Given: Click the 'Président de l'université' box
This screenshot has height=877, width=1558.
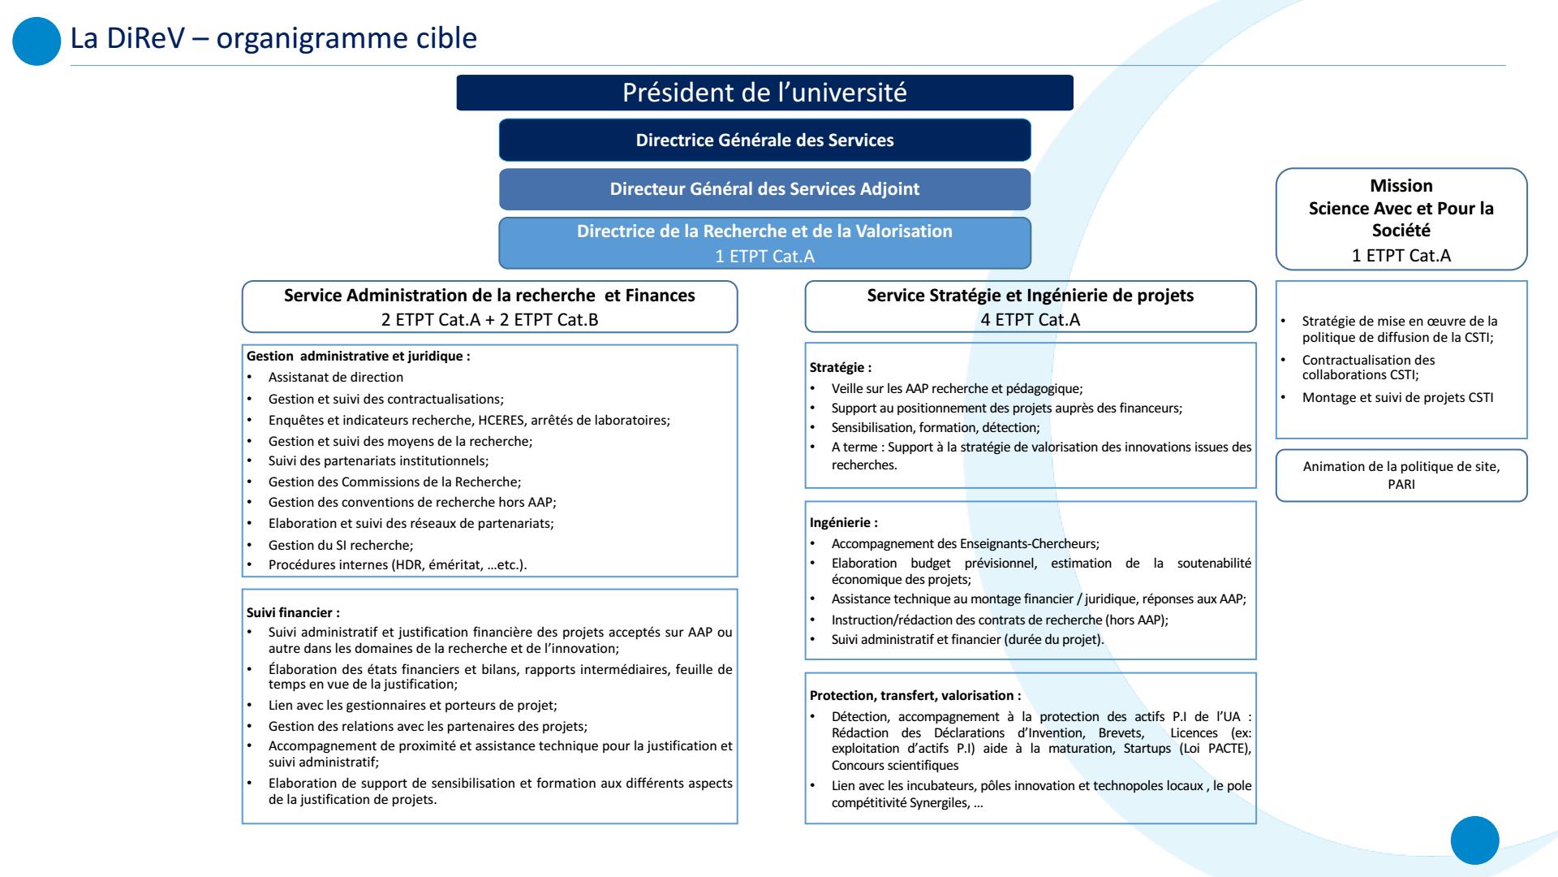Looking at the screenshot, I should (x=764, y=93).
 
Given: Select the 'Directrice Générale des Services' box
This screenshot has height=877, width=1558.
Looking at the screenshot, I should (x=764, y=140).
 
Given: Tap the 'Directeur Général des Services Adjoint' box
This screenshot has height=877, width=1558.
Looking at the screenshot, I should (x=764, y=189).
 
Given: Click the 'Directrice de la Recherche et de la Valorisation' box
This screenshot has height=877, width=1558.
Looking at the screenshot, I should (x=764, y=242).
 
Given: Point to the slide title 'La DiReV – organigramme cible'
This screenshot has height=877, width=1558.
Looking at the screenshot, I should (x=273, y=37).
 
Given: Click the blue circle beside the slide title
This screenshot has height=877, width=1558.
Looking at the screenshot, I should (x=37, y=42).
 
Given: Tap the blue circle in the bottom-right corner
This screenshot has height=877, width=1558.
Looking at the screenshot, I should (x=1474, y=840).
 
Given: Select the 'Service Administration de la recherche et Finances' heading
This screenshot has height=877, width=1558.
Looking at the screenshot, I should (x=489, y=296).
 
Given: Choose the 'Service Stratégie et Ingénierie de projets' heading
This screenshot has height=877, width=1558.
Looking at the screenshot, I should (x=1030, y=296).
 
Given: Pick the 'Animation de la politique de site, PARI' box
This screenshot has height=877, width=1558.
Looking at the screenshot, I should (x=1401, y=475).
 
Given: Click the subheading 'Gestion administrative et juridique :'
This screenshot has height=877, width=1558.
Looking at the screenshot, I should (x=358, y=356).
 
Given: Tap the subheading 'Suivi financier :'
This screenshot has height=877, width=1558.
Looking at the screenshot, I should (x=293, y=612).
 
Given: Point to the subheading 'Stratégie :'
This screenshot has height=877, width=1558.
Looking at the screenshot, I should (x=841, y=367).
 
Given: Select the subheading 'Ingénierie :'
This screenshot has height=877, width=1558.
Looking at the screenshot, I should (x=843, y=522).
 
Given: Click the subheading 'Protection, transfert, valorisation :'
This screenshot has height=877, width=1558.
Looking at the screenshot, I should (x=915, y=695).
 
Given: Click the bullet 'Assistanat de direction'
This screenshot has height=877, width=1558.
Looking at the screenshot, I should (x=335, y=377).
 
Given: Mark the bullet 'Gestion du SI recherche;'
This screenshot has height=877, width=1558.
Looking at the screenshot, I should (x=341, y=545).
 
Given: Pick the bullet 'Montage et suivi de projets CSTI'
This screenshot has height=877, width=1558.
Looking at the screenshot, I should (x=1397, y=397).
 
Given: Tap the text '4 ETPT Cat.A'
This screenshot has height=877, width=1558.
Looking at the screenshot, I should (x=1030, y=320).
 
